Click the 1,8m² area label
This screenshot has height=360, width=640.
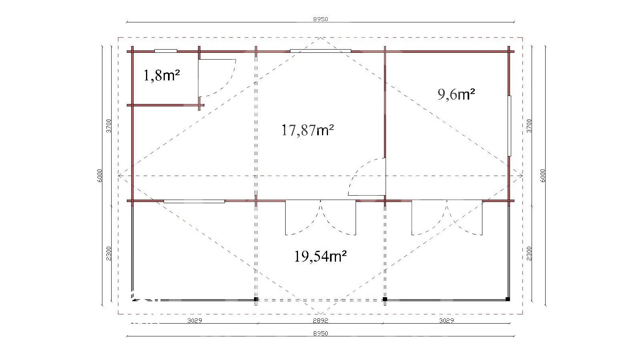[162, 76]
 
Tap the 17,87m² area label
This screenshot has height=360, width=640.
[308, 130]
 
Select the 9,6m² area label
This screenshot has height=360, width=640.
[456, 94]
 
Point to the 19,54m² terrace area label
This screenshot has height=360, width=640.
[320, 256]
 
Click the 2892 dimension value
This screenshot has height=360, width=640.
[320, 320]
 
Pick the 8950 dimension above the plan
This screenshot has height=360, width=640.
[320, 19]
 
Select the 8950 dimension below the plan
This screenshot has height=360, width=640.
[320, 334]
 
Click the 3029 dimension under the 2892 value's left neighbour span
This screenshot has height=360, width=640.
[194, 320]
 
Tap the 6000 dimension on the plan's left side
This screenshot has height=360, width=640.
[100, 176]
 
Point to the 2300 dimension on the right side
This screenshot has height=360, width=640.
[529, 254]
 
